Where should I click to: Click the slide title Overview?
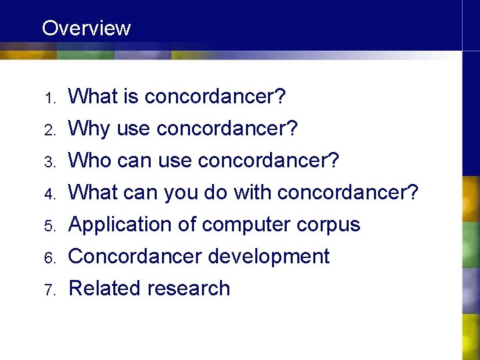86,28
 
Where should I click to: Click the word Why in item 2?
89,129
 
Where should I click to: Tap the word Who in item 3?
91,161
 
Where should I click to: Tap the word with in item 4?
252,193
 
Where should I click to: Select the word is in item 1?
130,97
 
